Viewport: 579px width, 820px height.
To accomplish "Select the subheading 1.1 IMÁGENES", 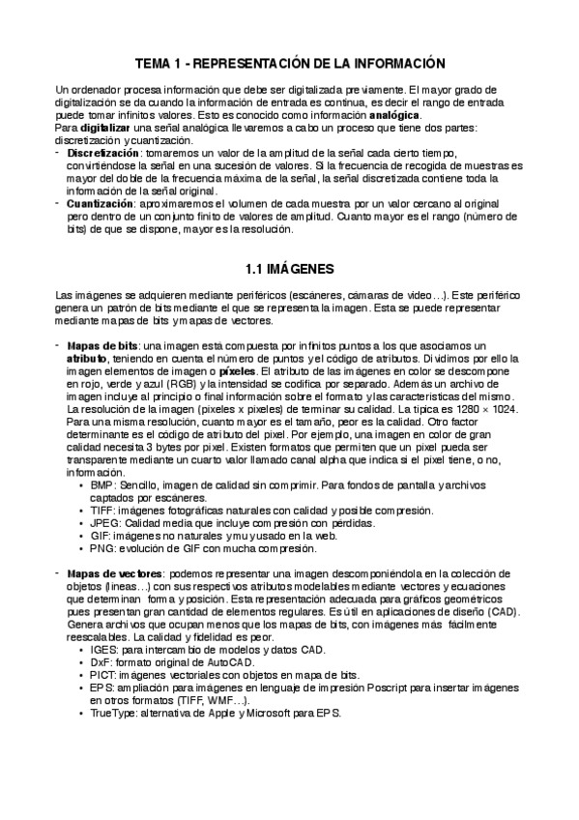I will [289, 268].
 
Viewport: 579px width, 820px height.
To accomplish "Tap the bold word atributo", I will [89, 358].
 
